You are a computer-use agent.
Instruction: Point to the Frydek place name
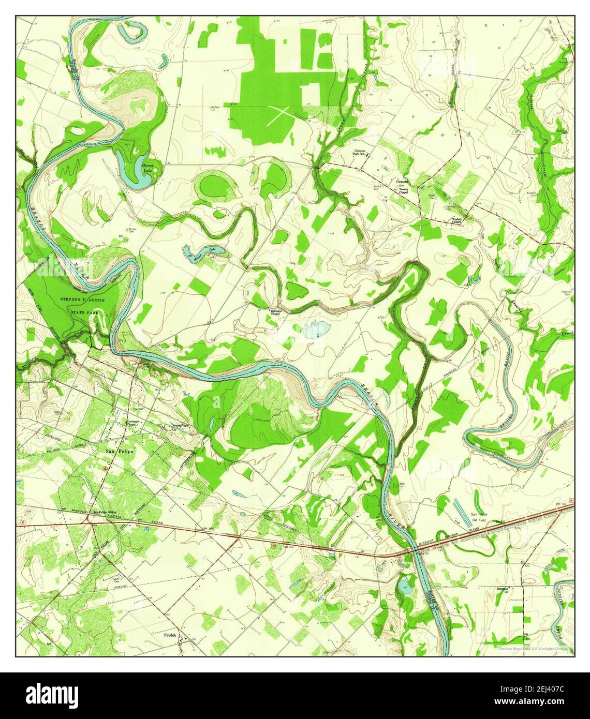[x=170, y=635]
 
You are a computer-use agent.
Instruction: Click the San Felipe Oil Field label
[x=480, y=517]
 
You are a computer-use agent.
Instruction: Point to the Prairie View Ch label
[x=180, y=427]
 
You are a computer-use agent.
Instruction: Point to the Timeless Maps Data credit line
[x=533, y=649]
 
